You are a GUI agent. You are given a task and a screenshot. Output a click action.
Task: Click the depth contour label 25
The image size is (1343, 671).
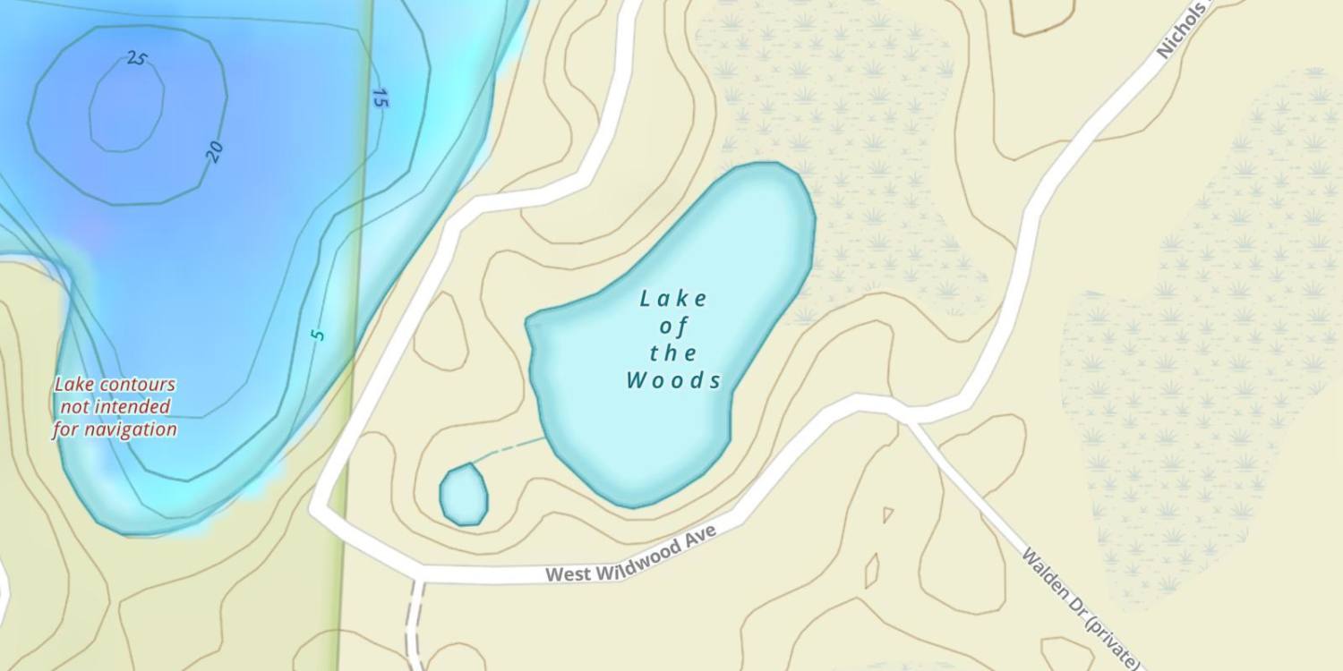point(136,59)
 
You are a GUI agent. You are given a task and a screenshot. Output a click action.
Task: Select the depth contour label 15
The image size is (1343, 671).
point(380,98)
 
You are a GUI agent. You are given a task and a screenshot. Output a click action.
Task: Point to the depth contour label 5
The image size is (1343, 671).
point(317,335)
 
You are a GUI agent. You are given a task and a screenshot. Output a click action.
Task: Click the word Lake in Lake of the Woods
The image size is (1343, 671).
point(673,299)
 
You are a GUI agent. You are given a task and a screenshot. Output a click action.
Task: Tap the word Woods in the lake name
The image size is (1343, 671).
point(673,381)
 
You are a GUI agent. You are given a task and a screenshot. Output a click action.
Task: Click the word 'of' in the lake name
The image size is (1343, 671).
point(673,326)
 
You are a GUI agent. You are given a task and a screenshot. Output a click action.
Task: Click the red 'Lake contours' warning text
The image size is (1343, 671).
point(115,385)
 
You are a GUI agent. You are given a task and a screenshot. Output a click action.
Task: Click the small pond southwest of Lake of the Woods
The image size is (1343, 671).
point(464,494)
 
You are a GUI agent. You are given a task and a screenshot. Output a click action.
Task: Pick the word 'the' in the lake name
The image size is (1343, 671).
point(673,353)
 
